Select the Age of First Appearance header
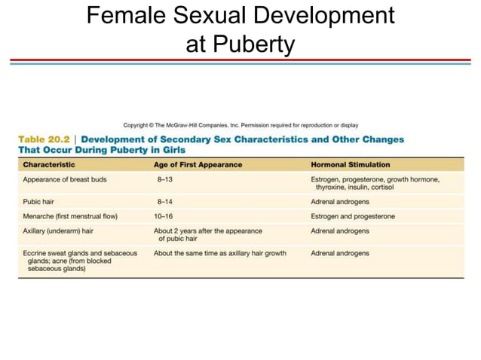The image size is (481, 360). point(198,164)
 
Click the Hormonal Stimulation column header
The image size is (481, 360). point(350,164)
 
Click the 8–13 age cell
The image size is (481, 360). point(165,180)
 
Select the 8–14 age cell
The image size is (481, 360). point(165,203)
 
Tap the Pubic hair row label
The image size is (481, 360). point(41,203)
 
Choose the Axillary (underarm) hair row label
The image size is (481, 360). point(58,230)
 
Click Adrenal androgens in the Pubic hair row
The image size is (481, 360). point(340,203)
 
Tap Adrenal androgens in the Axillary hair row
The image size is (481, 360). point(340,230)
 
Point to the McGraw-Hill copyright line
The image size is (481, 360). point(240,125)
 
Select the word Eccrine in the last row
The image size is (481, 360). point(35,253)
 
